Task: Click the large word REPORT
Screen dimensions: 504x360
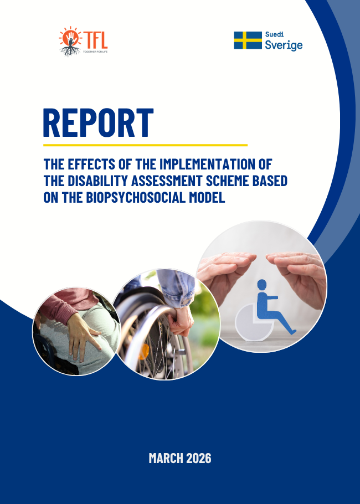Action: (98, 122)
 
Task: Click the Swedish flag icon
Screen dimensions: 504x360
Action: (247, 40)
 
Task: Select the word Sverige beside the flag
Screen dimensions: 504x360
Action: (283, 45)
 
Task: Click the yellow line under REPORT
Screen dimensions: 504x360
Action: (145, 145)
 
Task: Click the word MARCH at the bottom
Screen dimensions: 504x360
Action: (166, 458)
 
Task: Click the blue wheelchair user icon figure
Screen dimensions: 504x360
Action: (272, 311)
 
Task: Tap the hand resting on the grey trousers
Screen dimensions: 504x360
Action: (83, 336)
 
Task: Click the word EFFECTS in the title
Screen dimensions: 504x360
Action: (90, 164)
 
